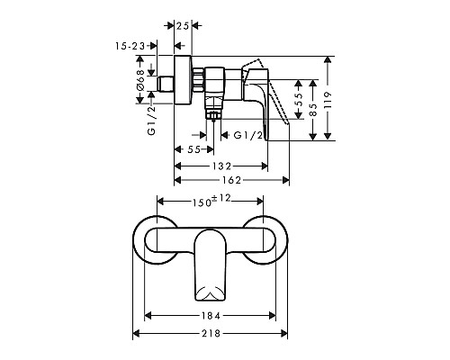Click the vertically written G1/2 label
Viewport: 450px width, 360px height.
(152, 119)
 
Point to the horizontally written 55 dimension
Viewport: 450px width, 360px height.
(193, 149)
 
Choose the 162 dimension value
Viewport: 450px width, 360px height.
(231, 180)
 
